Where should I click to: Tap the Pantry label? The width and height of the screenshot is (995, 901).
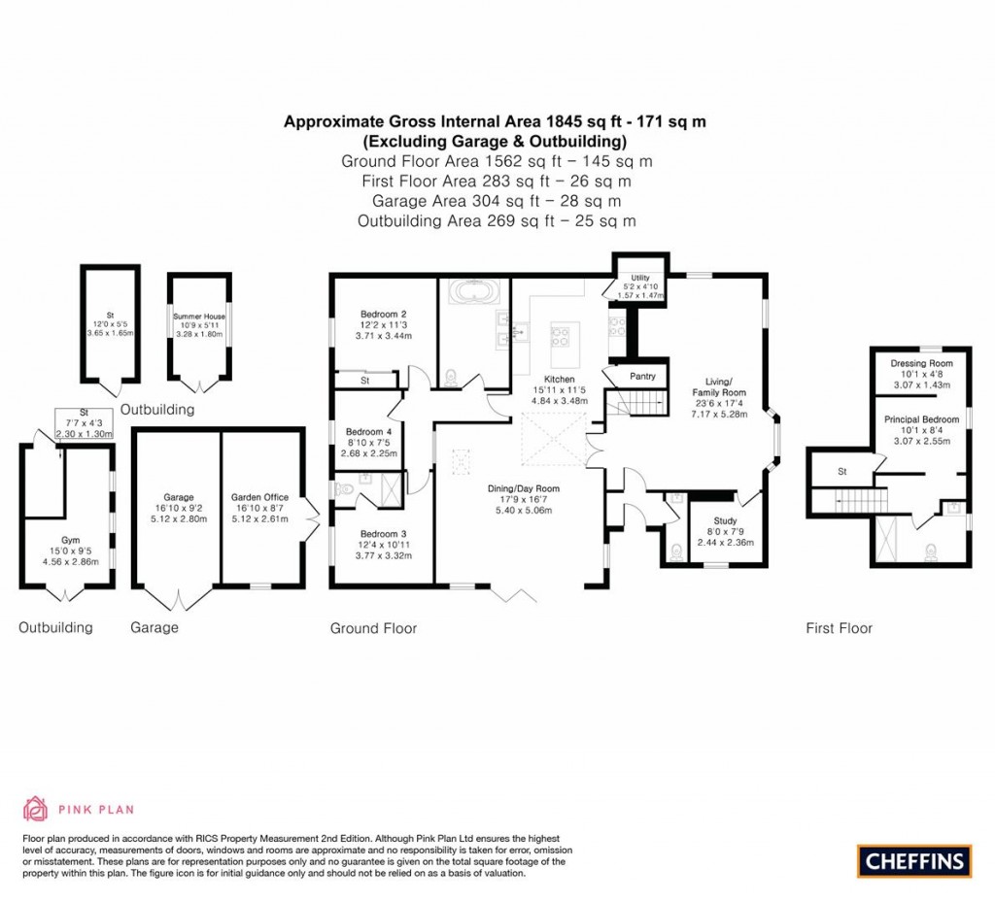pyautogui.click(x=642, y=376)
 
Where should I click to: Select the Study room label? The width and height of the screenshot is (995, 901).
pyautogui.click(x=725, y=521)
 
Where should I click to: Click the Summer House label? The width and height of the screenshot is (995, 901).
pyautogui.click(x=199, y=317)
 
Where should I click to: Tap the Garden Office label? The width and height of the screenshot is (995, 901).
pyautogui.click(x=259, y=497)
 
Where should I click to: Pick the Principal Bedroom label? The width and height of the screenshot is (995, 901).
pyautogui.click(x=921, y=419)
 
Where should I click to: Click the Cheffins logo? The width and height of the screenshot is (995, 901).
pyautogui.click(x=913, y=860)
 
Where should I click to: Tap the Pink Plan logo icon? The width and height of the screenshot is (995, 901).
pyautogui.click(x=34, y=808)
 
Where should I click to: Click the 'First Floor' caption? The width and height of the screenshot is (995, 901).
pyautogui.click(x=839, y=628)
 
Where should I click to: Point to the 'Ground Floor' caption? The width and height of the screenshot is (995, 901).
pyautogui.click(x=373, y=628)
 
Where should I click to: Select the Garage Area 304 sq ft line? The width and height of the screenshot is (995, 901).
pyautogui.click(x=496, y=201)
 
